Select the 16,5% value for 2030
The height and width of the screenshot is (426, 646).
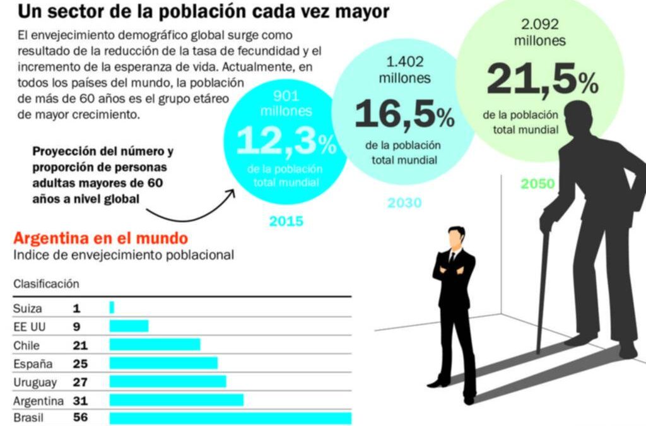click(x=404, y=114)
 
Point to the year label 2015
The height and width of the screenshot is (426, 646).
click(x=286, y=222)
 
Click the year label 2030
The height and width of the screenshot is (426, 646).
click(x=404, y=203)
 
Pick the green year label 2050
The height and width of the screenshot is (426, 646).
click(x=537, y=184)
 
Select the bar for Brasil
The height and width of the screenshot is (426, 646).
click(x=230, y=418)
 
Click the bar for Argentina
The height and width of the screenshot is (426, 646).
click(x=176, y=400)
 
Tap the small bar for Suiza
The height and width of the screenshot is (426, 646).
click(x=112, y=308)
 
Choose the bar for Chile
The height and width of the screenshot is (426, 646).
click(x=155, y=345)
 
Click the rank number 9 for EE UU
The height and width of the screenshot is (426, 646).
click(x=76, y=326)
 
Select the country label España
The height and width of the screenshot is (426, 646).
click(x=33, y=364)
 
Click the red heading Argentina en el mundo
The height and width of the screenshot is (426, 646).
click(x=100, y=239)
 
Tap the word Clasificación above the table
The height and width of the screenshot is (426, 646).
click(x=46, y=284)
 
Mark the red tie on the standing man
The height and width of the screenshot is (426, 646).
click(x=452, y=258)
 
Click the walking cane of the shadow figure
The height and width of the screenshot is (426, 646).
click(x=542, y=290)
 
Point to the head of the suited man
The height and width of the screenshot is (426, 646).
click(x=455, y=238)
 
